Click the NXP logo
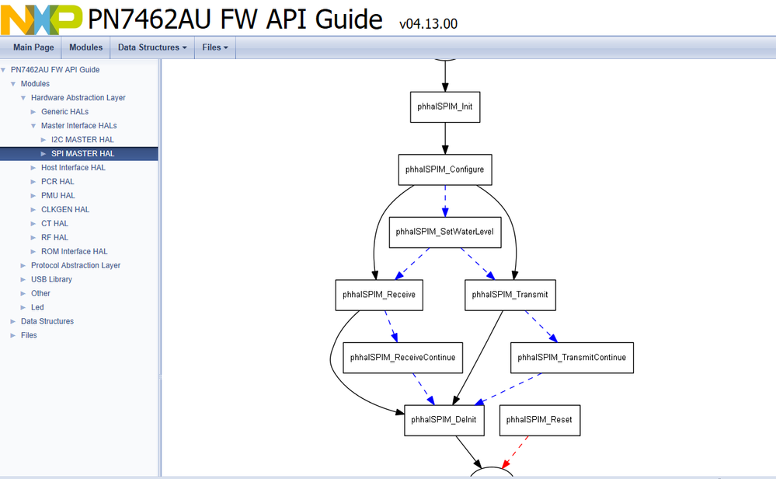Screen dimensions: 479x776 pos(41,19)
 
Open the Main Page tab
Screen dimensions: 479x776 pos(33,47)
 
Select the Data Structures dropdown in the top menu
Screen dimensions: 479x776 pos(151,47)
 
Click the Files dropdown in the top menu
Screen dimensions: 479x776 pos(214,47)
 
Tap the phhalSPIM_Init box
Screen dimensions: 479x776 pos(445,107)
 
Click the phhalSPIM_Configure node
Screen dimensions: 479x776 pos(445,170)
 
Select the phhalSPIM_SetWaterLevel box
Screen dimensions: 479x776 pos(444,232)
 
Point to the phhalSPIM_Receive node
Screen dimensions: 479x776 pos(379,295)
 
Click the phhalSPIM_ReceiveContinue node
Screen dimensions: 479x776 pos(402,358)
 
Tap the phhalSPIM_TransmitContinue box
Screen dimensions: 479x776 pos(572,358)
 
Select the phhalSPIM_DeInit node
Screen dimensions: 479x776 pos(445,420)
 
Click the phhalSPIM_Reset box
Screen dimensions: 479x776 pos(539,420)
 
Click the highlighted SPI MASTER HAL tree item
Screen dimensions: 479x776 pos(82,154)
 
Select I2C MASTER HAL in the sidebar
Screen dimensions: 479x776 pos(82,140)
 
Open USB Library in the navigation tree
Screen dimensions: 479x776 pos(51,280)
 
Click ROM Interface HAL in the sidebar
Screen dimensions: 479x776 pos(75,252)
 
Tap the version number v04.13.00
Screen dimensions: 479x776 pos(428,23)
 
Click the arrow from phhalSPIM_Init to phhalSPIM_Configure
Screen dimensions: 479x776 pos(445,138)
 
